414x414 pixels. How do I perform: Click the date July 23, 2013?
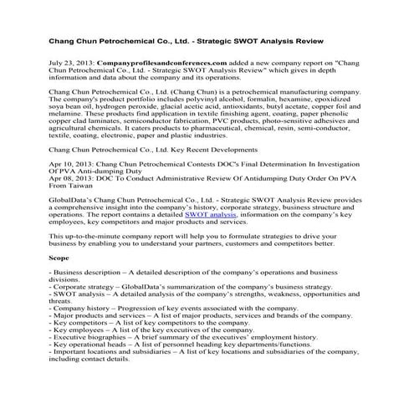coord(72,63)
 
